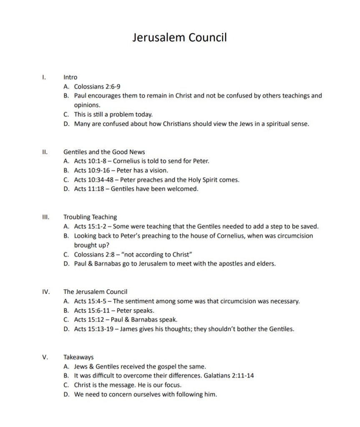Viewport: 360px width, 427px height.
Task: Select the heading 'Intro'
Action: click(70, 77)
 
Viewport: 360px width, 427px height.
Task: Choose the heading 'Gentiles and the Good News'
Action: click(104, 152)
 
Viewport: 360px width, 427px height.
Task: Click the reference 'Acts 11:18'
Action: click(89, 189)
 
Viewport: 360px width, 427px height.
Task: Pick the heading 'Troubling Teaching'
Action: click(90, 217)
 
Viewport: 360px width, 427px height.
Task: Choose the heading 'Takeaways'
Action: click(78, 357)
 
